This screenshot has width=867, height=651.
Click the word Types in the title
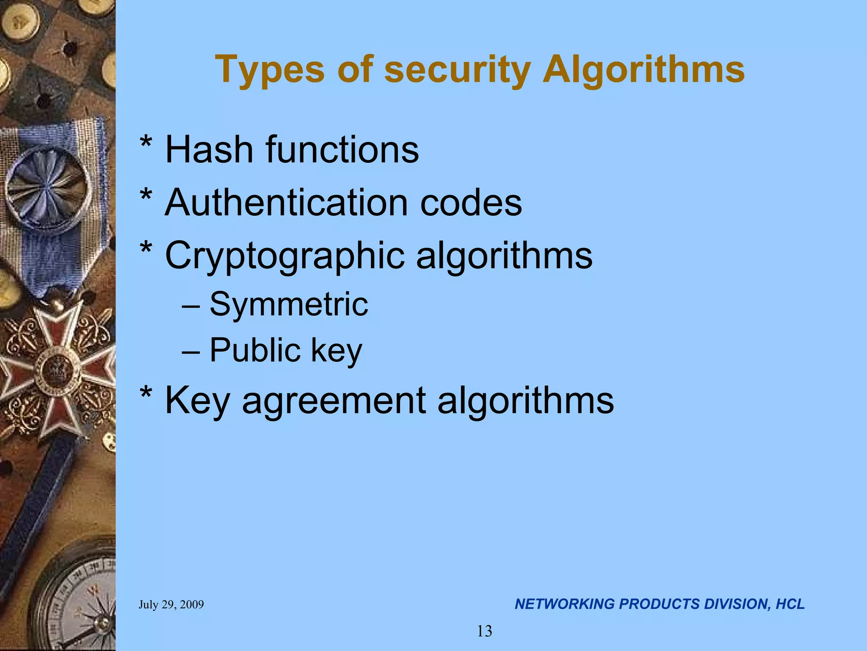270,70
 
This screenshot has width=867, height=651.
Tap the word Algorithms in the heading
643,70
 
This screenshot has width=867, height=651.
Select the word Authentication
286,203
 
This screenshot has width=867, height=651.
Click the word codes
471,203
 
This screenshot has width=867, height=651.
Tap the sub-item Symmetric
289,304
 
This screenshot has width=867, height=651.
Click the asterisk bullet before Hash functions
146,144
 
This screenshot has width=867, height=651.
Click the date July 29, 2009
171,604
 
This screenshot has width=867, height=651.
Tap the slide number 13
485,632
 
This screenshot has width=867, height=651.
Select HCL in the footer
790,604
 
